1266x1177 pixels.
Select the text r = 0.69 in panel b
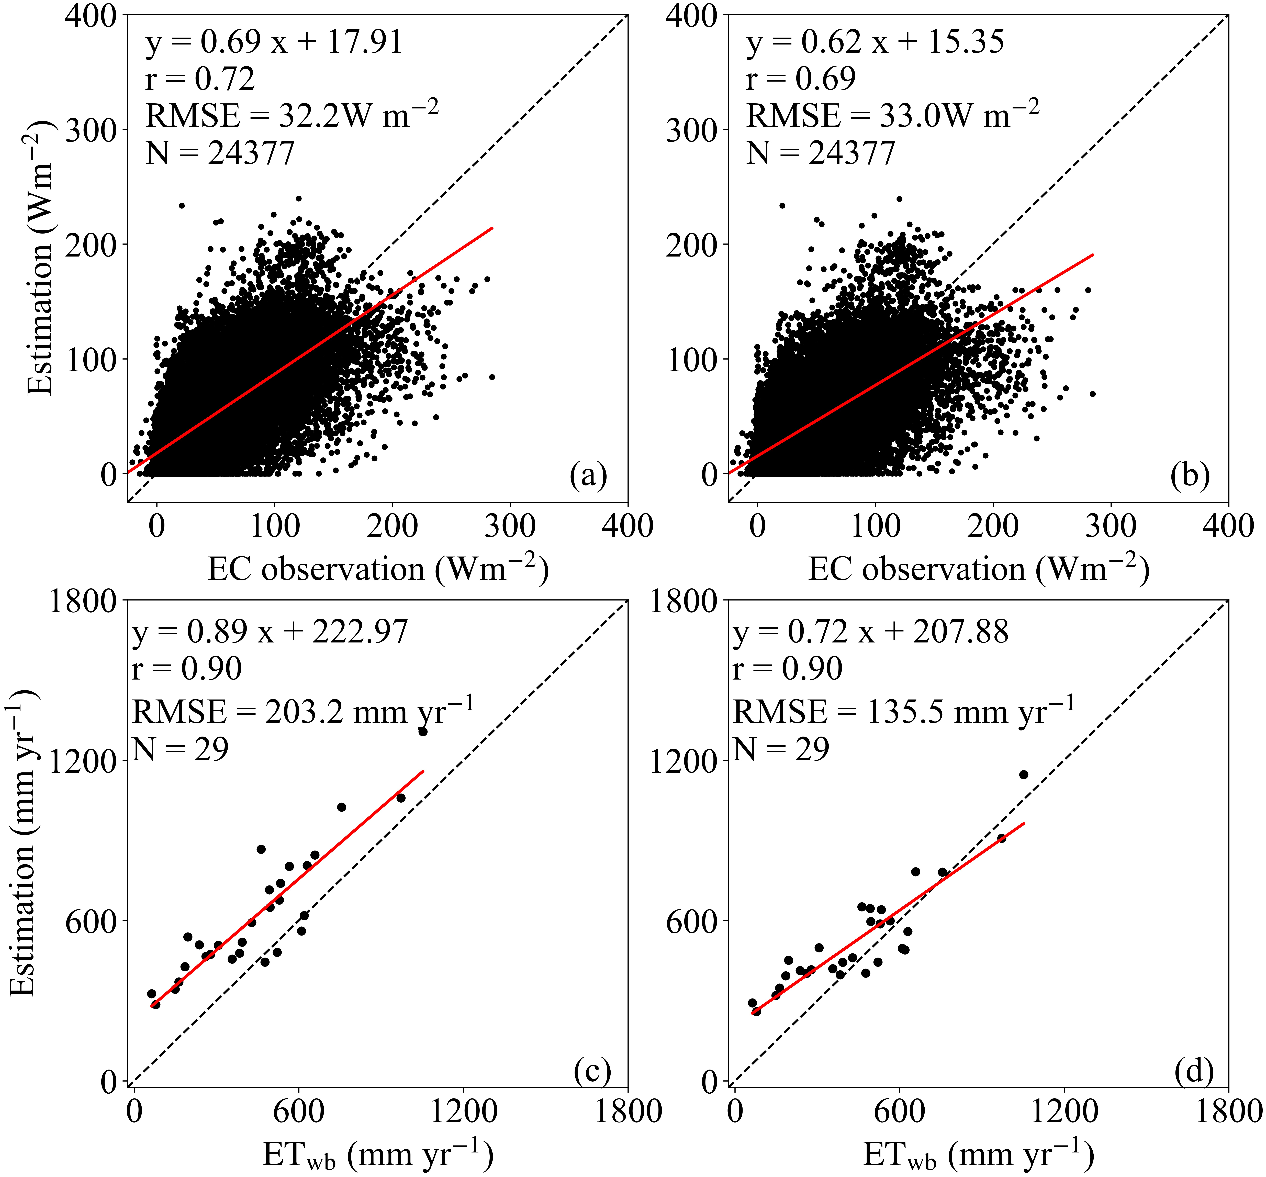click(x=801, y=79)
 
